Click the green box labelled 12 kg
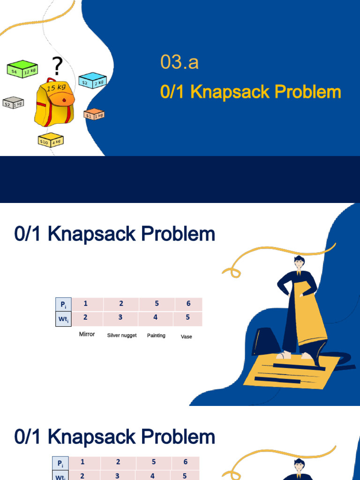click(x=22, y=69)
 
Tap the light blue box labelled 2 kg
click(x=92, y=81)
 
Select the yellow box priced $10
click(x=50, y=140)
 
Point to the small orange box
click(x=94, y=114)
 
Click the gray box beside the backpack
click(x=13, y=102)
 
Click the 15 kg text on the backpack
click(x=56, y=87)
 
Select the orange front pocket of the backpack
click(x=62, y=99)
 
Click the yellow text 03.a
click(x=179, y=62)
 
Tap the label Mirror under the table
click(x=87, y=334)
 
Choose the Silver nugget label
click(x=122, y=336)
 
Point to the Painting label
click(x=156, y=336)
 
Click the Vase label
click(x=187, y=337)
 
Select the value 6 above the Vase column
click(x=188, y=304)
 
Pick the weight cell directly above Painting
click(x=155, y=318)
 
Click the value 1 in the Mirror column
click(x=85, y=304)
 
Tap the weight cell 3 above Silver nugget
click(x=120, y=318)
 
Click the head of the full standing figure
click(x=299, y=262)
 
